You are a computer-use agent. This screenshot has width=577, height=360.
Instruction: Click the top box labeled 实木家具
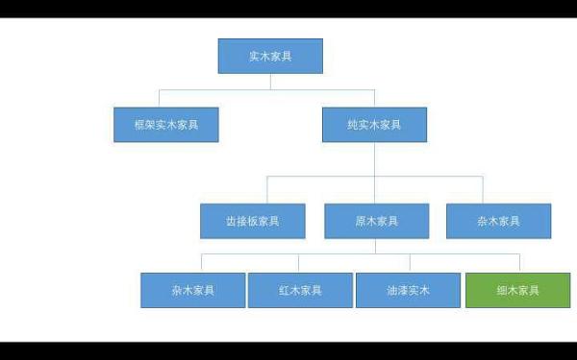[270, 56]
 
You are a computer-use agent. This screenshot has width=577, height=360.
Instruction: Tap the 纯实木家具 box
[374, 125]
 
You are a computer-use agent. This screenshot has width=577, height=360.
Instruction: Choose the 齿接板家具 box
[253, 221]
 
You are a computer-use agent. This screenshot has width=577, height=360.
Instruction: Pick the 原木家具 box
[376, 221]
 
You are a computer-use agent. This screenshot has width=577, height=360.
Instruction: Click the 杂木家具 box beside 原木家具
[498, 221]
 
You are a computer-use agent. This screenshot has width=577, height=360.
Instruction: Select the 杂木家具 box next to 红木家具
[192, 290]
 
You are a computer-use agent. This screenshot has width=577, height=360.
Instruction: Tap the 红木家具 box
[300, 290]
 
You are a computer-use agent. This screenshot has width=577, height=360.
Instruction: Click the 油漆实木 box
[408, 290]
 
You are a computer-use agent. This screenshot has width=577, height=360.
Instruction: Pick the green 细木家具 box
[517, 290]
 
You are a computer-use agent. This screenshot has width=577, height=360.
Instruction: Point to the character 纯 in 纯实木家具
[353, 125]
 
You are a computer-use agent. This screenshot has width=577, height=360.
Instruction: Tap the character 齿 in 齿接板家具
[232, 221]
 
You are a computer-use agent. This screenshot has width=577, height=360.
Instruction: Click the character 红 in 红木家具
[285, 290]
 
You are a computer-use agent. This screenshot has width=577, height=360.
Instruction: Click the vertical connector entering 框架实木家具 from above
[160, 98]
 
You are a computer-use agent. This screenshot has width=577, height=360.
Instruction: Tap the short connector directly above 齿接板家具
[267, 189]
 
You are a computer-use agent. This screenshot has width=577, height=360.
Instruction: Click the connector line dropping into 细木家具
[519, 263]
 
